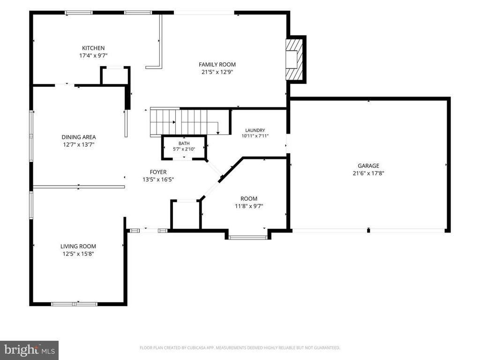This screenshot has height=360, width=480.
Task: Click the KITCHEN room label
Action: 93,48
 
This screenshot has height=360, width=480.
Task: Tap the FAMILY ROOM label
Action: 217,65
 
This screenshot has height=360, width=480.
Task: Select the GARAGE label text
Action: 368,165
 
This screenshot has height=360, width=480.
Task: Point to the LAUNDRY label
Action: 255,130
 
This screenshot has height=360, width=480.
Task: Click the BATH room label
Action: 184,143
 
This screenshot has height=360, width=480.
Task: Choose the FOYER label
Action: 158,172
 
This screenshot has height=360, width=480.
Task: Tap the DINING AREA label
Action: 79,137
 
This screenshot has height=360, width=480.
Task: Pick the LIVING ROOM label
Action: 78,246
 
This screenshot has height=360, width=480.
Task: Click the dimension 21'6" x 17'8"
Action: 368,173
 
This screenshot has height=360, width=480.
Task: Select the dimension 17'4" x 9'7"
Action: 93,56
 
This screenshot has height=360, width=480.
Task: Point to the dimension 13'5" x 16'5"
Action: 158,180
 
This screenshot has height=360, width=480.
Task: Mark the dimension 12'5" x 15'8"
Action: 78,254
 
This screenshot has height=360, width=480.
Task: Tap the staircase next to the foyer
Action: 189,121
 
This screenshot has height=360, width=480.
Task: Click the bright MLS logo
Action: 30,350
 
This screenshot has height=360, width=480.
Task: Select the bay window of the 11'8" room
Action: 248,237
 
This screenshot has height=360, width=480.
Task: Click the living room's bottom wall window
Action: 74,304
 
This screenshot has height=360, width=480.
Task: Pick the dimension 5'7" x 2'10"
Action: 184,149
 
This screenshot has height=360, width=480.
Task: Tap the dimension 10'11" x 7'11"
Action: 255,136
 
